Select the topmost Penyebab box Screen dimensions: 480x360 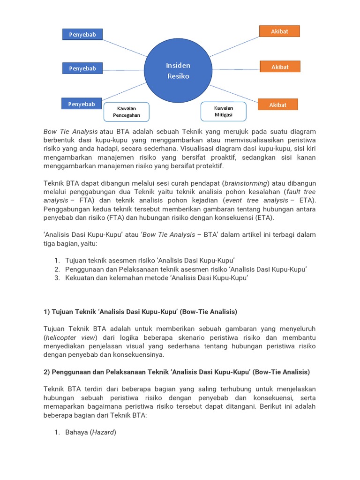pyautogui.click(x=82, y=34)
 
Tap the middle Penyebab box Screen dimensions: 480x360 pyautogui.click(x=82, y=68)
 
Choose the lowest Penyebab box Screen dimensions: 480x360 pyautogui.click(x=82, y=104)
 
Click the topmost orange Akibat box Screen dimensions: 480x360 pyautogui.click(x=279, y=31)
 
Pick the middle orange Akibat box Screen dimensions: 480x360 pyautogui.click(x=280, y=67)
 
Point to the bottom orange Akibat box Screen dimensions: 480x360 pyautogui.click(x=277, y=105)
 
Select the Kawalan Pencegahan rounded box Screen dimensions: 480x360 pyautogui.click(x=126, y=112)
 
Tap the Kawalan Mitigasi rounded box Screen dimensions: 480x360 pyautogui.click(x=223, y=111)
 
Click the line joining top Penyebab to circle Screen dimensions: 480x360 pyautogui.click(x=124, y=48)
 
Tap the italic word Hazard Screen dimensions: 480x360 pyautogui.click(x=103, y=432)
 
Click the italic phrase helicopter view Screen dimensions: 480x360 pyautogui.click(x=70, y=337)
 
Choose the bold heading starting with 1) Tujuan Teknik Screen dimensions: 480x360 pyautogui.click(x=140, y=312)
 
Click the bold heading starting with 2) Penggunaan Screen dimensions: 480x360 pyautogui.click(x=177, y=372)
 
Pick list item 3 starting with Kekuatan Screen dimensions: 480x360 pyautogui.click(x=156, y=278)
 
